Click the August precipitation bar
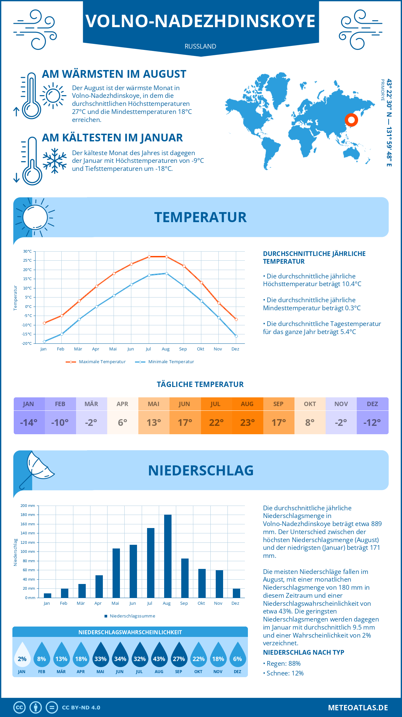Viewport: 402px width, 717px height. pos(168,556)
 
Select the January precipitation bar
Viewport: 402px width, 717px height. pos(48,595)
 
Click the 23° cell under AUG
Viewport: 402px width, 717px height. pos(247,422)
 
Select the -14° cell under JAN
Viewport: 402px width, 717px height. pos(29,422)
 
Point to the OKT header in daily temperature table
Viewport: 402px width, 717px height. pos(310,404)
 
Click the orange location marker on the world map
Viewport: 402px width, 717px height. pos(351,120)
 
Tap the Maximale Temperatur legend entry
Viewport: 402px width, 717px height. pos(96,362)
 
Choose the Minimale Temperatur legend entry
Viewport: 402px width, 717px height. pos(165,362)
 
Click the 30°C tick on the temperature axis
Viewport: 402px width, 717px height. pos(27,251)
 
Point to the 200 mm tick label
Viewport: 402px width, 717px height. pos(28,506)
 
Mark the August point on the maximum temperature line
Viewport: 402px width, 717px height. pos(166,257)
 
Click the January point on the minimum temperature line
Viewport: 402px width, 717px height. pos(44,341)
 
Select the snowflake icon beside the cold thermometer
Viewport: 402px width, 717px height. pos(55,160)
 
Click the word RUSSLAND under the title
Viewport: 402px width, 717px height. pos(200,46)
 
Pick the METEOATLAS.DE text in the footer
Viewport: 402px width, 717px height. pos(358,708)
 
